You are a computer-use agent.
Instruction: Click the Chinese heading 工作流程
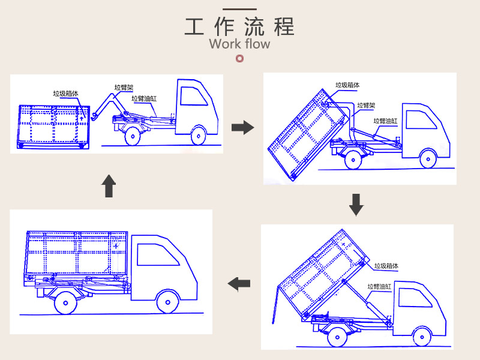point(239,27)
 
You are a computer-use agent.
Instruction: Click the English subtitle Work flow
point(239,44)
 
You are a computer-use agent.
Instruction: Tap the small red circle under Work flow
point(240,58)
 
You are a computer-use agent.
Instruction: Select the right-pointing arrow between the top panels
point(242,127)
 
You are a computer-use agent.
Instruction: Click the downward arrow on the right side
point(356,205)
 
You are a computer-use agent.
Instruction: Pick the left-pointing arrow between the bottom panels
point(241,283)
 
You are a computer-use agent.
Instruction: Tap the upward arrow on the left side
point(108,186)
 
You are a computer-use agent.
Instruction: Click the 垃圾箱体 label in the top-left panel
point(65,94)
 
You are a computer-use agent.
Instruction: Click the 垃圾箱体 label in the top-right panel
point(348,86)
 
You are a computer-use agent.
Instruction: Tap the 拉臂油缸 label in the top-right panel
point(386,121)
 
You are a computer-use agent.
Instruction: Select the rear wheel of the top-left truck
point(131,136)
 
